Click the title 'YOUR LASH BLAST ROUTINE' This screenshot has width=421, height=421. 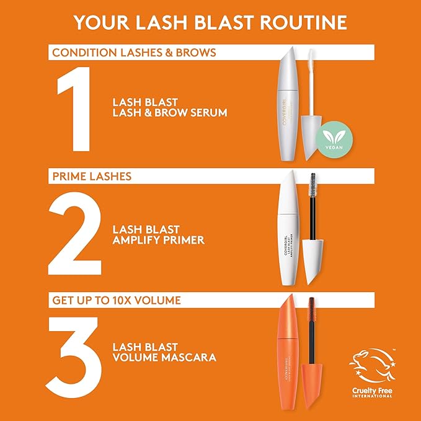pos(210,23)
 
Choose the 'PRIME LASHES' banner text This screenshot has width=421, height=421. pos(92,176)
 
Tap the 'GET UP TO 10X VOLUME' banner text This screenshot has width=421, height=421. pos(117,300)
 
